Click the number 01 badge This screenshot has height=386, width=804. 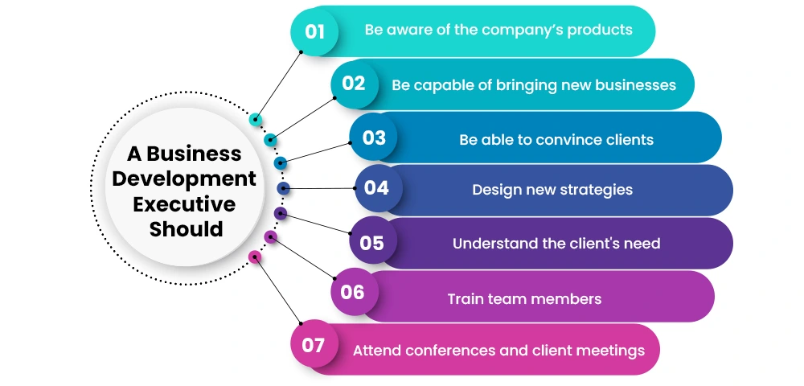tap(314, 31)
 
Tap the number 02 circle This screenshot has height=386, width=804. tap(354, 84)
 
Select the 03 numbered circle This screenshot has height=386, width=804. tap(374, 138)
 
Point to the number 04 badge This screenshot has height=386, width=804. tap(376, 188)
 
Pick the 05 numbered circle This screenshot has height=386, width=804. tap(371, 242)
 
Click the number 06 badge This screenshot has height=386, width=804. tap(352, 292)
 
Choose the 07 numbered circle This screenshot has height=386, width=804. tap(313, 346)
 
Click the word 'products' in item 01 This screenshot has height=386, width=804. tap(598, 31)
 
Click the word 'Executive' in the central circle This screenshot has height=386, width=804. tap(184, 203)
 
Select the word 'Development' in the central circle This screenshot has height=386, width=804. tap(184, 179)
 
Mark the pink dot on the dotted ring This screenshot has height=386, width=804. tap(255, 257)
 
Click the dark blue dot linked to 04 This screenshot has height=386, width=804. tap(283, 188)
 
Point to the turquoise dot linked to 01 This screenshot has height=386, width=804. tap(256, 120)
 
